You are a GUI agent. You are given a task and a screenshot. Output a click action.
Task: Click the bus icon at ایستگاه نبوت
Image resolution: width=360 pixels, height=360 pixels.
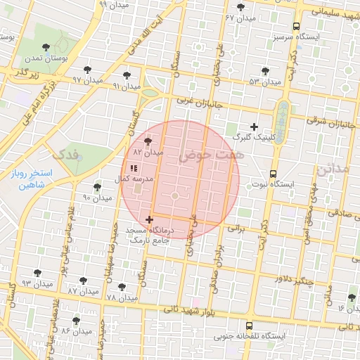coord(274,173)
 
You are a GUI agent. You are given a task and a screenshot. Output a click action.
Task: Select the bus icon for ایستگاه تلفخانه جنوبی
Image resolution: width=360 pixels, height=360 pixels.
coord(250,326)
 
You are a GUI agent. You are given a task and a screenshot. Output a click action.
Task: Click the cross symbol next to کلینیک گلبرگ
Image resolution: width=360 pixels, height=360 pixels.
coord(254,127)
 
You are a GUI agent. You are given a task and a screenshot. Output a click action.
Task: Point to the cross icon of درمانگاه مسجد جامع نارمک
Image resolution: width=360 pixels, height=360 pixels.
coord(149,220)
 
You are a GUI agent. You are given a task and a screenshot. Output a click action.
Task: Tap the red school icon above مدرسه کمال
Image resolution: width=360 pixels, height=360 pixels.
coord(134,168)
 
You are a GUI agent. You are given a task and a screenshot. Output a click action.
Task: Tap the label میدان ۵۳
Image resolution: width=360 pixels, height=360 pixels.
coord(264,82)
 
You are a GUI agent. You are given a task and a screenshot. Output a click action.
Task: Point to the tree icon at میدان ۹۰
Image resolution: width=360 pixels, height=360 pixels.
coord(97,187)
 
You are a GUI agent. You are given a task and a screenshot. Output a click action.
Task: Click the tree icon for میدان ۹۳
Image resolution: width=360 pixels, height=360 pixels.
coord(37,273)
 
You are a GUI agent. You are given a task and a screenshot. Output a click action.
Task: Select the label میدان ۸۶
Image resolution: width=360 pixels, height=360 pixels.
coord(76,330)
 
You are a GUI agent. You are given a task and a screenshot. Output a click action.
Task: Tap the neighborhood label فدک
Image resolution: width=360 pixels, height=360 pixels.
coord(67,153)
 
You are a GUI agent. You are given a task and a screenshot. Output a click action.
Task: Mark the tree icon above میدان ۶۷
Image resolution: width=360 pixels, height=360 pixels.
coord(241,6)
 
